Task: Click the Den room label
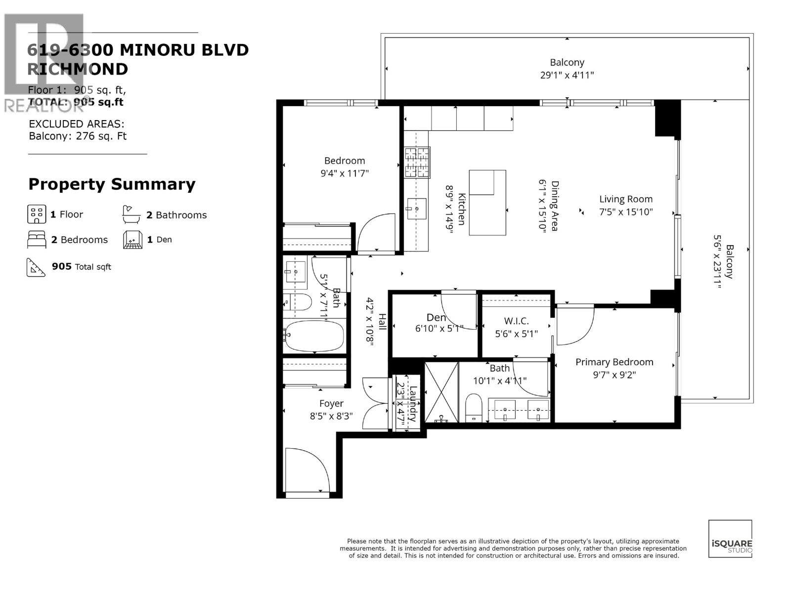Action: pyautogui.click(x=436, y=318)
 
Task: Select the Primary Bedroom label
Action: pyautogui.click(x=614, y=362)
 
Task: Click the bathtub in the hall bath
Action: pyautogui.click(x=314, y=336)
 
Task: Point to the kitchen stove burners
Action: pyautogui.click(x=417, y=163)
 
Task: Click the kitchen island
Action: pyautogui.click(x=487, y=203)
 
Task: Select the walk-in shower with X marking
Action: pyautogui.click(x=441, y=392)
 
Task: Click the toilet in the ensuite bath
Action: pyautogui.click(x=474, y=407)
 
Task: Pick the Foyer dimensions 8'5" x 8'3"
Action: pyautogui.click(x=331, y=416)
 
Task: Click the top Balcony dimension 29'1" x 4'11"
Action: pyautogui.click(x=567, y=75)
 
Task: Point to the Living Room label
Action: pyautogui.click(x=625, y=199)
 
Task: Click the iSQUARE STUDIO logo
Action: pyautogui.click(x=730, y=539)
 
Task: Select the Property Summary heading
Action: pyautogui.click(x=112, y=184)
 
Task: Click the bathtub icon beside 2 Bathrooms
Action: pyautogui.click(x=132, y=214)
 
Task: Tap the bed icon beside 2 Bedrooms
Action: pyautogui.click(x=37, y=240)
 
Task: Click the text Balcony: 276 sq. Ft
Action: pyautogui.click(x=78, y=136)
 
